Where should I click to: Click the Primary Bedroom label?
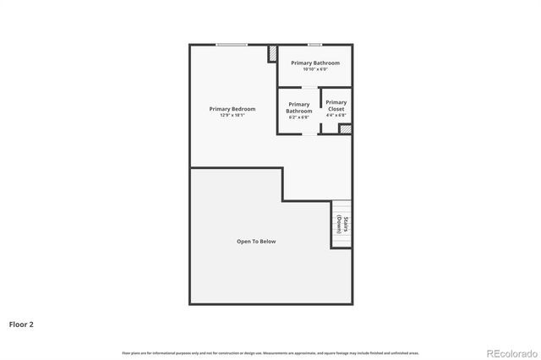pos(232,109)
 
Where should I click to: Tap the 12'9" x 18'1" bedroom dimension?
pos(232,115)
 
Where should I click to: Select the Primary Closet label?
pos(336,106)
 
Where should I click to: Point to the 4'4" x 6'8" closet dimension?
pos(336,116)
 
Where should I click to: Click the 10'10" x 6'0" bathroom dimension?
pos(314,69)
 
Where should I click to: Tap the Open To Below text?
pos(256,242)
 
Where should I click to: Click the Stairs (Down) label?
pos(341,225)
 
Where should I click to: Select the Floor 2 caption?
pos(21,324)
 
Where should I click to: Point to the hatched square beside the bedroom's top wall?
pos(273,53)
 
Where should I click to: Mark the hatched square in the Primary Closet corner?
pos(344,128)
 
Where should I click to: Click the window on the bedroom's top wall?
pos(232,44)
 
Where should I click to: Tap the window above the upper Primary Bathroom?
pos(314,44)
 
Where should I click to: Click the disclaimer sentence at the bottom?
pos(270,352)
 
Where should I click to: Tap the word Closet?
pos(336,110)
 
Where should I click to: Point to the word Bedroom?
pos(243,109)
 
